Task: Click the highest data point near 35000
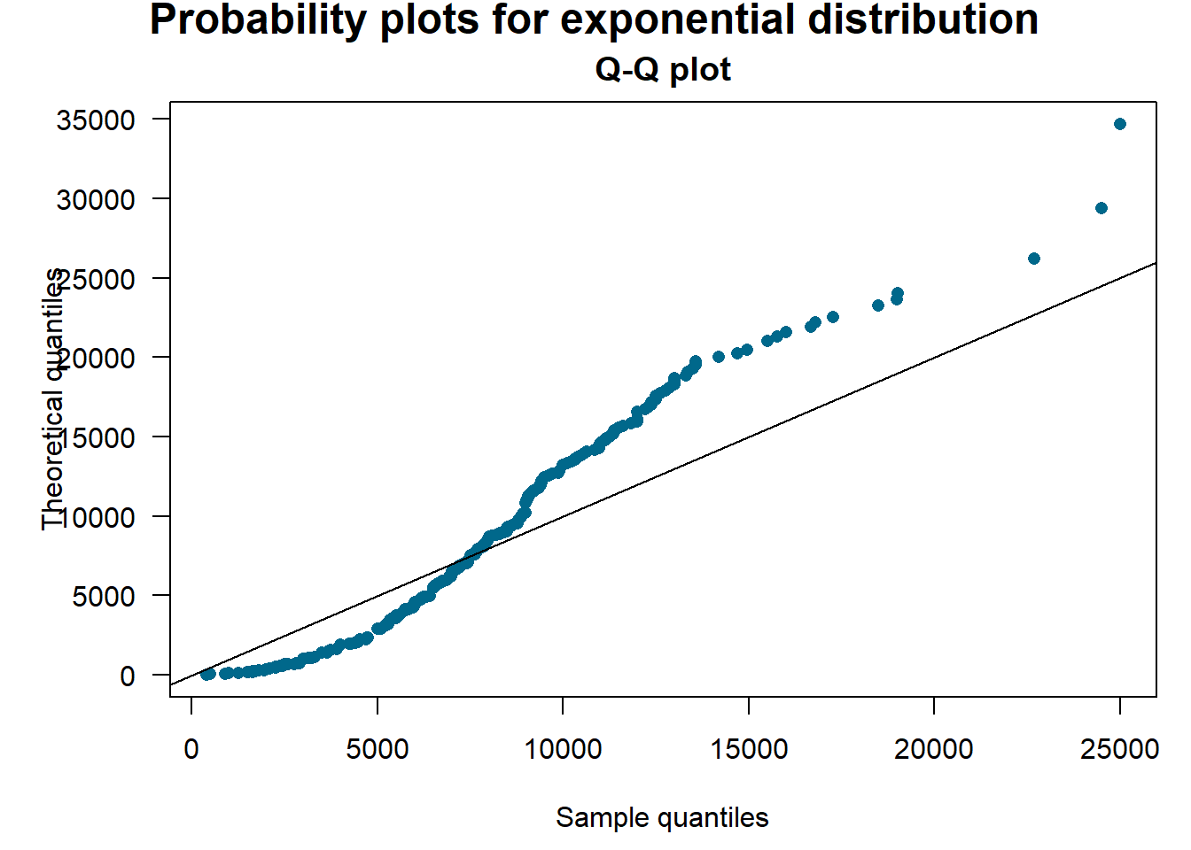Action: pos(1120,124)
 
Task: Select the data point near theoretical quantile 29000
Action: pos(1101,208)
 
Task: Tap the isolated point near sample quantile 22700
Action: pos(1033,259)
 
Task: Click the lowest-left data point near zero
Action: pos(207,675)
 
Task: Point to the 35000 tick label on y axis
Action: pos(96,120)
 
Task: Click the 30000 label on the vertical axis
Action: pos(96,200)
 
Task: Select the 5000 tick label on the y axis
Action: pos(104,597)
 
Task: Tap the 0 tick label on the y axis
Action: pos(128,676)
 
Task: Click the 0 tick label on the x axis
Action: pos(191,749)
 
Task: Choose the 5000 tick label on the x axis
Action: pos(378,749)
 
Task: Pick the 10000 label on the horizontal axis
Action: pos(563,749)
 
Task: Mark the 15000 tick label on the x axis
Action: pos(749,749)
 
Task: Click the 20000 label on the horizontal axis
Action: pos(934,749)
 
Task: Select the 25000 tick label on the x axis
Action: pos(1120,749)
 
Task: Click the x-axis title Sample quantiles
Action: pos(662,817)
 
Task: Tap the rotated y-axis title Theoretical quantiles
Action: pos(53,398)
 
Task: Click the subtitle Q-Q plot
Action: pos(663,69)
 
